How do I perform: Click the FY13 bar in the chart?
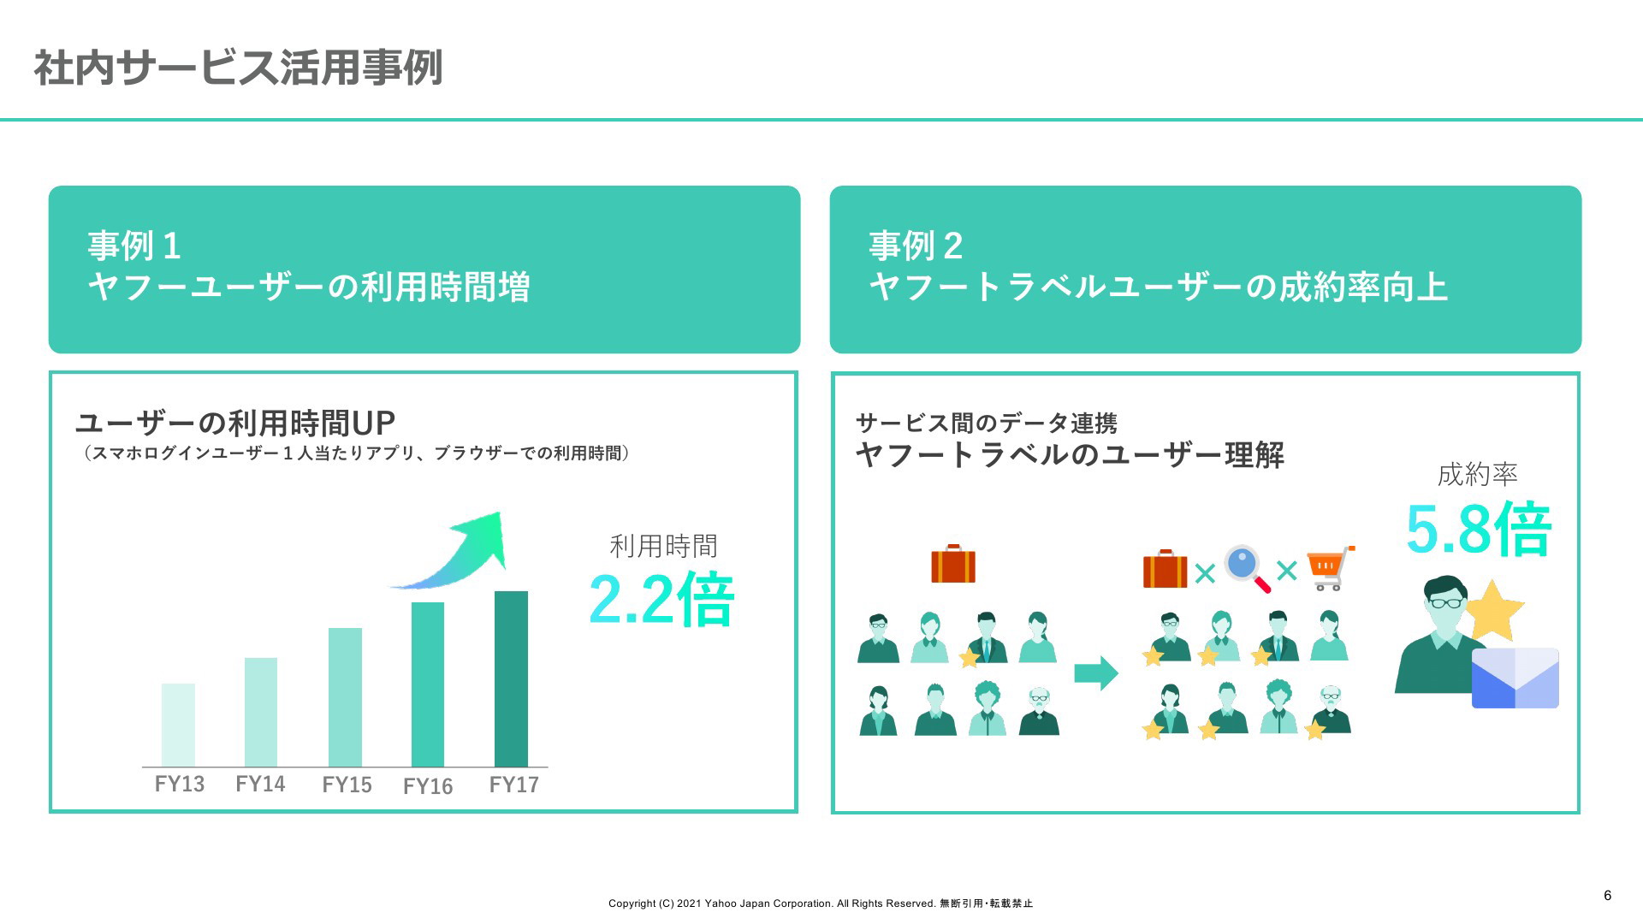tap(178, 725)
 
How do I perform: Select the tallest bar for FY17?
tap(511, 678)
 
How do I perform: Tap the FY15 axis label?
tap(347, 785)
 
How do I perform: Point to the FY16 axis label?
tap(428, 786)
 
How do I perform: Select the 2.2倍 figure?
tap(661, 600)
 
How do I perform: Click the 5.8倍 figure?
tap(1479, 530)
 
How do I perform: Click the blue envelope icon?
tap(1515, 678)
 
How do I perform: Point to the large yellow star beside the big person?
tap(1494, 611)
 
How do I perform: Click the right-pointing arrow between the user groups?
tap(1096, 672)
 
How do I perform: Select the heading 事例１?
tap(134, 246)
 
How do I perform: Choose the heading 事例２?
tap(916, 246)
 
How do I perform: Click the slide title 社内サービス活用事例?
tap(238, 68)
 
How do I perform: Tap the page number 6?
tap(1608, 896)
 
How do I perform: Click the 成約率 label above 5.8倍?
tap(1478, 474)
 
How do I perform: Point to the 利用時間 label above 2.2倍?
tap(663, 546)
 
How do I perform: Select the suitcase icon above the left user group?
tap(953, 564)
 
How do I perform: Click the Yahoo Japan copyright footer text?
tap(821, 903)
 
